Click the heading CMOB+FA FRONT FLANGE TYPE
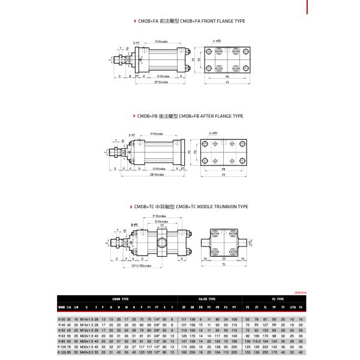pyautogui.click(x=192, y=21)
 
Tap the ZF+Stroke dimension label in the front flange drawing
pyautogui.click(x=158, y=82)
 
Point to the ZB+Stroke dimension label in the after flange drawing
pyautogui.click(x=158, y=175)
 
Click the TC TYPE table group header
pyautogui.click(x=275, y=298)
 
